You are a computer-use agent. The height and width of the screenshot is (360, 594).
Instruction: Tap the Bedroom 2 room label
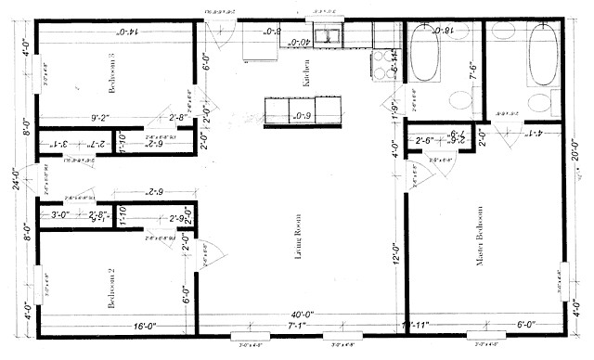point(110,289)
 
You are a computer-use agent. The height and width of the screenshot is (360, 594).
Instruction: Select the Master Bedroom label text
point(481,268)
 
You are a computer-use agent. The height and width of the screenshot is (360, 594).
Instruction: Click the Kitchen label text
point(305,75)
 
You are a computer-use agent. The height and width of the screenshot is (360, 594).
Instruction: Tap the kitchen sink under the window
point(328,37)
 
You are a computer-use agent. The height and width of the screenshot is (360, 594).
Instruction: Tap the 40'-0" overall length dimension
point(301,315)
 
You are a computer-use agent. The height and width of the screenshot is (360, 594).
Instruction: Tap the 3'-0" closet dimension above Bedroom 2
point(61,215)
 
